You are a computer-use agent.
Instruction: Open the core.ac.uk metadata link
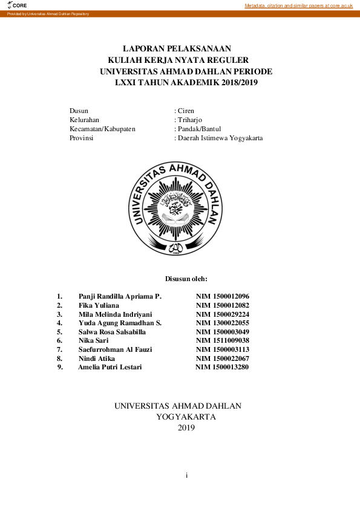coord(298,5)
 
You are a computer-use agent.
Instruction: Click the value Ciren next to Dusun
coord(185,111)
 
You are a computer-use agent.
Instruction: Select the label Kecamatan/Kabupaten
coord(102,129)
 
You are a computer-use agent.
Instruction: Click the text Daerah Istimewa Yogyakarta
coord(220,138)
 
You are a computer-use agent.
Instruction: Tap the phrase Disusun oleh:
coord(186,279)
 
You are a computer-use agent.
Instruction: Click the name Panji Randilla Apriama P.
coord(120,296)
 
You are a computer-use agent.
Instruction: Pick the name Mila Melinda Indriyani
coord(116,314)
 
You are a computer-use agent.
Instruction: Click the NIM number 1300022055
coord(230,323)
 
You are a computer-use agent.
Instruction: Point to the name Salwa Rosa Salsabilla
coord(113,332)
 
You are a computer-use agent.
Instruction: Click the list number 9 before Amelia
coord(59,367)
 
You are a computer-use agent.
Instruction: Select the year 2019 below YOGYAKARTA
coord(186,428)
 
